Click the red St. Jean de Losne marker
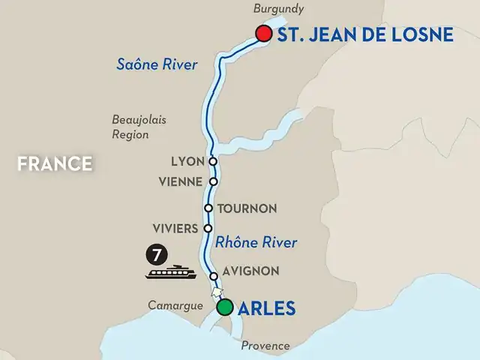(263, 34)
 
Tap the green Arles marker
(224, 307)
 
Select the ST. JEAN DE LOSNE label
(365, 34)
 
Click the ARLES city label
(267, 307)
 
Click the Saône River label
(157, 64)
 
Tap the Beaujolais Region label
(130, 127)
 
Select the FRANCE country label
(55, 163)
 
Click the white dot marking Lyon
(213, 161)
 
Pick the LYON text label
(187, 161)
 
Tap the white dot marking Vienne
(213, 181)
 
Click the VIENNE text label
(181, 181)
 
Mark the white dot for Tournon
(208, 208)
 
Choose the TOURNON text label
(247, 208)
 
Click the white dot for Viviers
(208, 228)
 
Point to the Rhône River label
(256, 242)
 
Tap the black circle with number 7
(155, 255)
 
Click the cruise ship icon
(171, 272)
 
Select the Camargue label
(176, 305)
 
